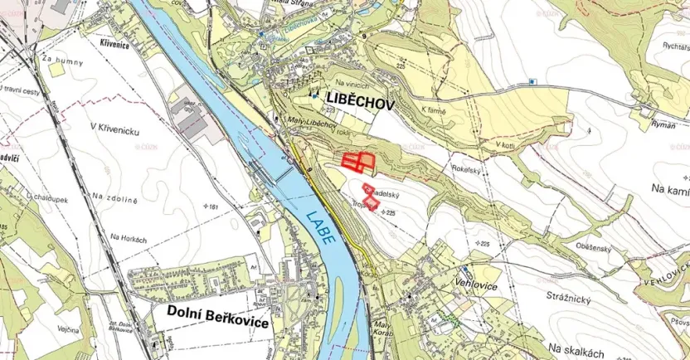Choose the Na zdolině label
click(114, 197)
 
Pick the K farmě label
click(433, 110)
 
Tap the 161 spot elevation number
click(217, 206)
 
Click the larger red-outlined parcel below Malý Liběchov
click(358, 162)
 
